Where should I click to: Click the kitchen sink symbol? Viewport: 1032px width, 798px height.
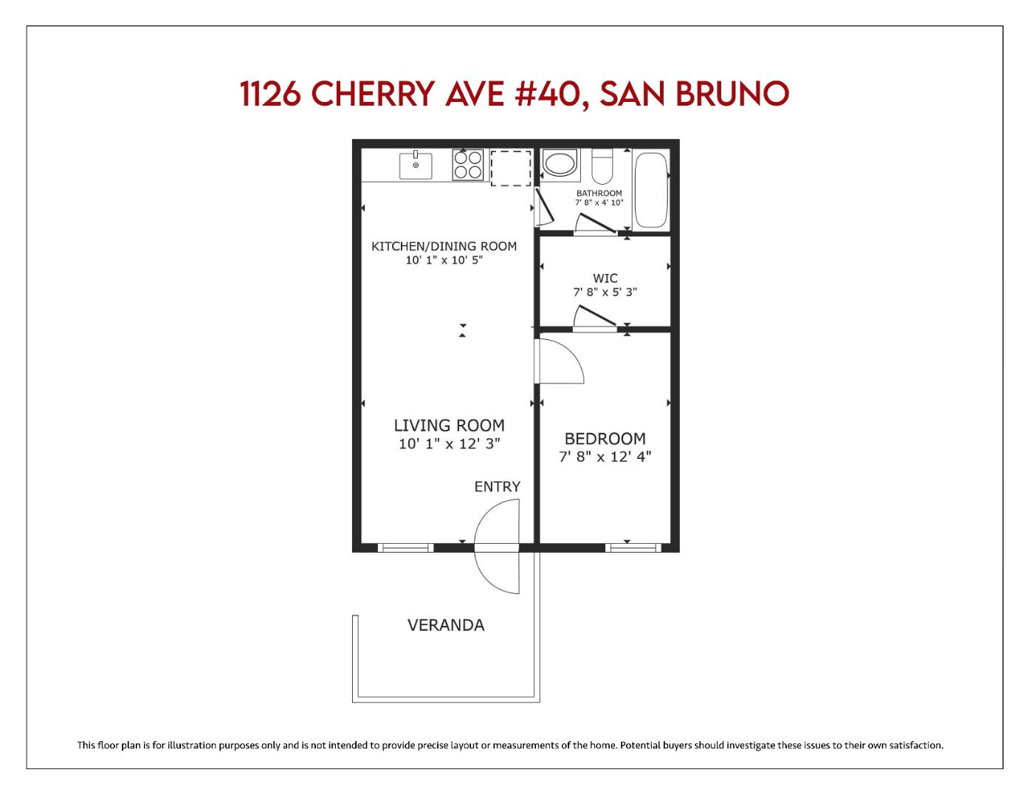pos(416,166)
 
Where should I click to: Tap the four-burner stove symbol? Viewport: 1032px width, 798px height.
pos(467,165)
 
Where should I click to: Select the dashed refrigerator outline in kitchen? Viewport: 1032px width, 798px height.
pos(511,168)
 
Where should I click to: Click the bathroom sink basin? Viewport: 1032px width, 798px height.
pos(560,164)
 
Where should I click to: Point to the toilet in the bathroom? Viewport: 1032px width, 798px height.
pos(602,167)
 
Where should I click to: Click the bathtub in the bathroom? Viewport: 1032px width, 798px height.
pos(650,190)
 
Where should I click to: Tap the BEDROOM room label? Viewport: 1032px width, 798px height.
pos(605,439)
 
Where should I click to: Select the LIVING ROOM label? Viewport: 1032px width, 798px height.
pos(449,426)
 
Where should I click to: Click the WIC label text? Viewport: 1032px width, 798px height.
pos(605,279)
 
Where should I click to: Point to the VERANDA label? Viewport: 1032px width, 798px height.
pos(446,625)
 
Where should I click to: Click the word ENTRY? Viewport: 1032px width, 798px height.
pos(497,487)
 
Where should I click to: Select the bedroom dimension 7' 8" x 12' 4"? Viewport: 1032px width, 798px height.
pos(605,457)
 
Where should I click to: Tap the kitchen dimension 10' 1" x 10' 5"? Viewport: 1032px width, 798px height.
pos(444,260)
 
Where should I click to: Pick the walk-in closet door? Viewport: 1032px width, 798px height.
pos(595,316)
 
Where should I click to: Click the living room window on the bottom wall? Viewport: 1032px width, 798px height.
pos(405,548)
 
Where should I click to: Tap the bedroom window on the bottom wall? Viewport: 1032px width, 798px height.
pos(633,548)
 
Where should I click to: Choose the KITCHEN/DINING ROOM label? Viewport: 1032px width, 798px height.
pos(444,246)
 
